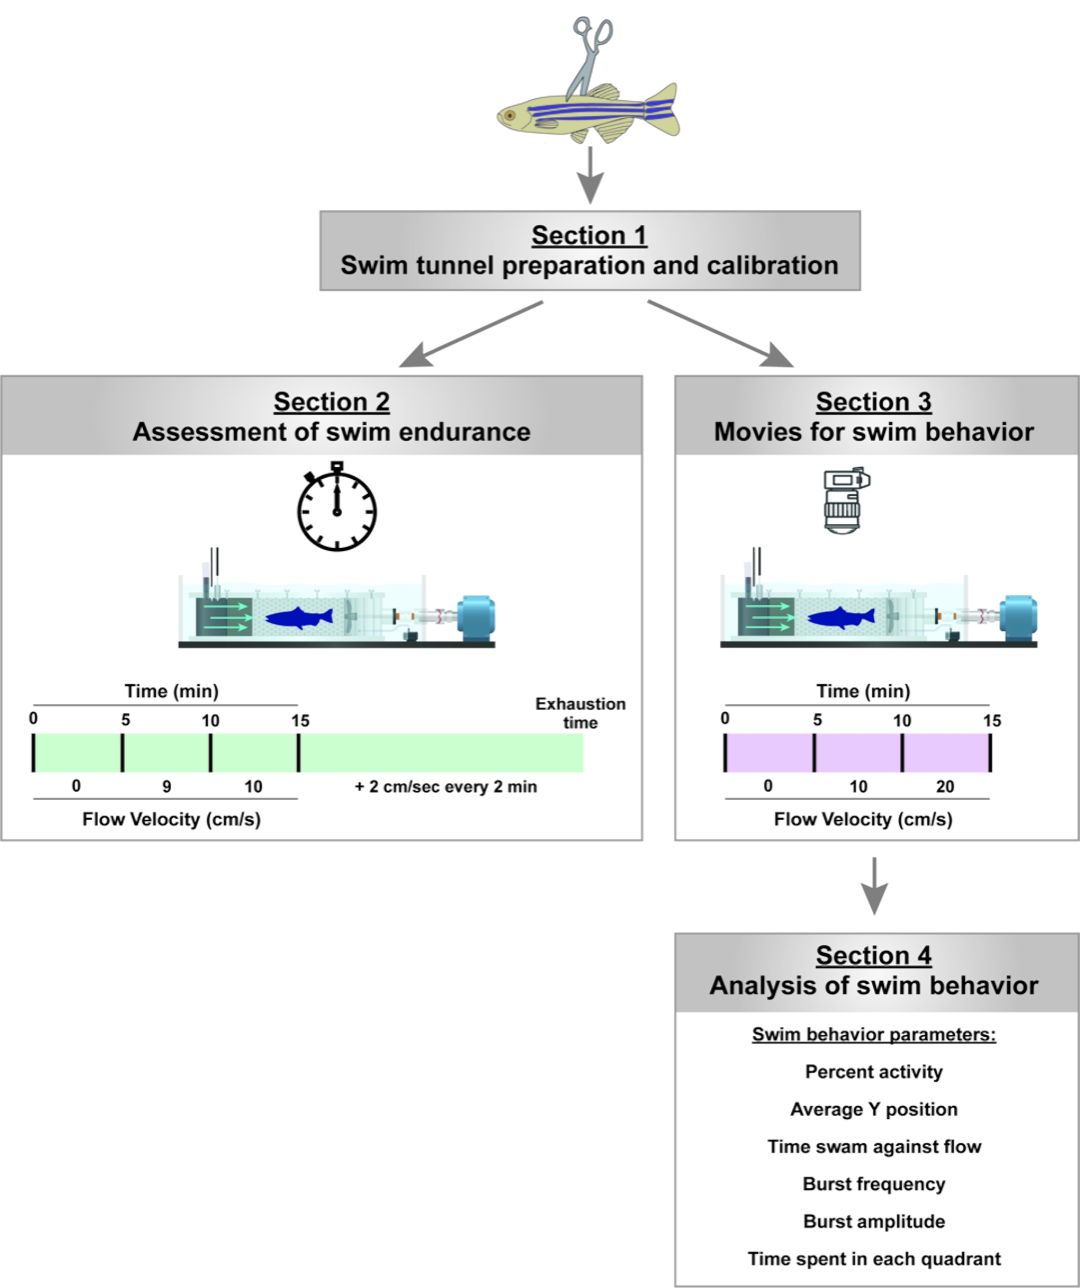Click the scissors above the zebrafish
590,55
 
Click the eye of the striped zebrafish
509,115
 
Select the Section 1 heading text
589,236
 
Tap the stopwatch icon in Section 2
337,509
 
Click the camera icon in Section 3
846,500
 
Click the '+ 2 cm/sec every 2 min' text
446,787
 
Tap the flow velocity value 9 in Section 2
167,787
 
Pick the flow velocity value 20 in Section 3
945,787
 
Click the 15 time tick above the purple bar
992,721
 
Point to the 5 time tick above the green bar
125,720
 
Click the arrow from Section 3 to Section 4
874,886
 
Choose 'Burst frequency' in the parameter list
874,1184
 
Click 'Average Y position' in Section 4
874,1110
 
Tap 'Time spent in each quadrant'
874,1259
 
